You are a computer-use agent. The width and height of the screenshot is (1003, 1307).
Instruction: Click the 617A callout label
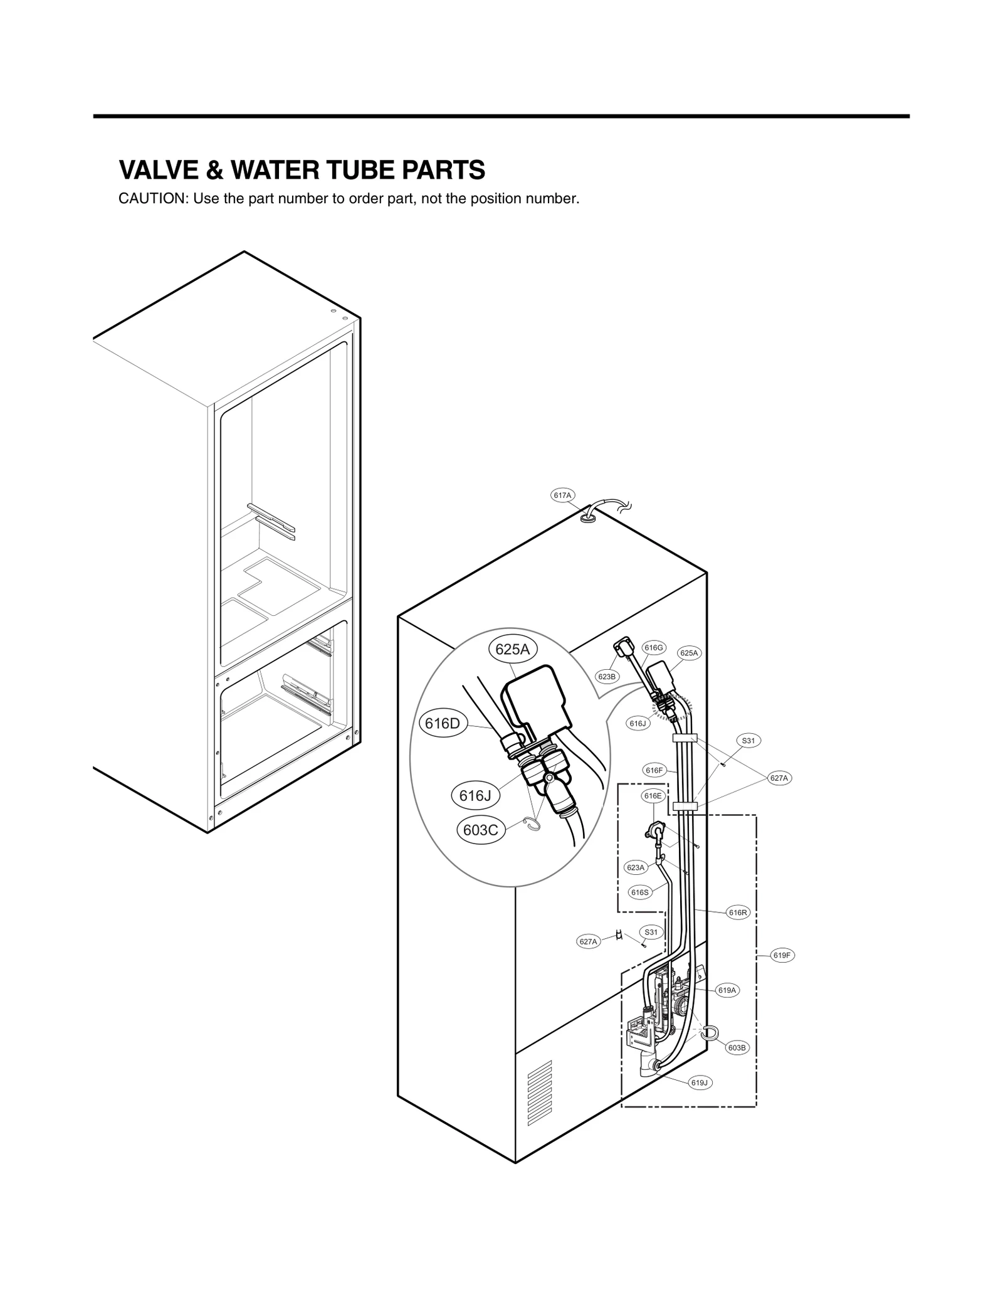[562, 495]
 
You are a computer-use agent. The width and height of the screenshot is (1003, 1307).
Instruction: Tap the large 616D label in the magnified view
[443, 724]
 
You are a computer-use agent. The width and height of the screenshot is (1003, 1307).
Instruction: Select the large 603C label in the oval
[480, 830]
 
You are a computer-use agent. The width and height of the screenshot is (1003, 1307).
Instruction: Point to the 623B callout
[607, 677]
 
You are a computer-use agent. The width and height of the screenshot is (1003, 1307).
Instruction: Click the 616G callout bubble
[653, 648]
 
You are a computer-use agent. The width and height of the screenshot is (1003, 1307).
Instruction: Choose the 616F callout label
[654, 770]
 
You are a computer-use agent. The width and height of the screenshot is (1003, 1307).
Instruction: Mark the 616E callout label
[653, 796]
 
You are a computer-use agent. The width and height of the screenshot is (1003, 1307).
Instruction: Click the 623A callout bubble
[635, 868]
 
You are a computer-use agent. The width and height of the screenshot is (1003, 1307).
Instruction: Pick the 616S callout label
[639, 892]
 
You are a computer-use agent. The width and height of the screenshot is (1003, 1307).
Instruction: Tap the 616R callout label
[738, 913]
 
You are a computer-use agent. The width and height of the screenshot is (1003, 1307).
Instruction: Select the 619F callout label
[782, 956]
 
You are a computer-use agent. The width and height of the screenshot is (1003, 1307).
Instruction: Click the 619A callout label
[727, 990]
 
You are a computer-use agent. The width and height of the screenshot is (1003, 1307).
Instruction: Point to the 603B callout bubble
[737, 1048]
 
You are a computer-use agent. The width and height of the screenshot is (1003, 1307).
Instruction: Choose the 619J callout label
[700, 1083]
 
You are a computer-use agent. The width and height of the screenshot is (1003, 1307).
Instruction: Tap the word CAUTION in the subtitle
[153, 199]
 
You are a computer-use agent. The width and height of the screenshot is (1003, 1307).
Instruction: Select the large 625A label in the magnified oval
[512, 650]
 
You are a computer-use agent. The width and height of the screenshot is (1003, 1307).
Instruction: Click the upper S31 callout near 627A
[748, 741]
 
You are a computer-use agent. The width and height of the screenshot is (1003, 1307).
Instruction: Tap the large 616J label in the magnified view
[475, 796]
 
